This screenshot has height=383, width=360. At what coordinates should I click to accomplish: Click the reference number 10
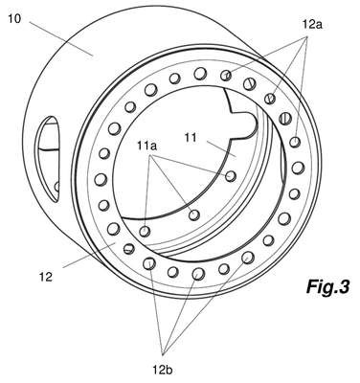pos(14,18)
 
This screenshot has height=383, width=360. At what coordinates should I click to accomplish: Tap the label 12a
pos(312,25)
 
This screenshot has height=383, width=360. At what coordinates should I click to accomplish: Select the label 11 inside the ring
pos(191,138)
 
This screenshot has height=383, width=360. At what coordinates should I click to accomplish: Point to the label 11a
pos(147,146)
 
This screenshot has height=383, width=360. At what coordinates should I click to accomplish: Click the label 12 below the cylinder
pos(46,277)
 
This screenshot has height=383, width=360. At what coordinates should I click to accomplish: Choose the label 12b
pos(163,370)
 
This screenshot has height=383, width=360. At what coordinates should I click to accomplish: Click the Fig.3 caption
pos(327,286)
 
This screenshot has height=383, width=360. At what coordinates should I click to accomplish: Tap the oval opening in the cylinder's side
pos(48,159)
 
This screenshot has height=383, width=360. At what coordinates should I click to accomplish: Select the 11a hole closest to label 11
pos(231,176)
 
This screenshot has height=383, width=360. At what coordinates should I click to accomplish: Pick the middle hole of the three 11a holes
pos(194,214)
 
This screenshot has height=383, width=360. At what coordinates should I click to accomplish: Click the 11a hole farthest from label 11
pos(145,231)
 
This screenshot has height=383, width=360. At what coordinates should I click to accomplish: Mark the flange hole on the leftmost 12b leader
pos(149,263)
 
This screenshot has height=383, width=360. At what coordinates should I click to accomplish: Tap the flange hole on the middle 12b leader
pos(198,274)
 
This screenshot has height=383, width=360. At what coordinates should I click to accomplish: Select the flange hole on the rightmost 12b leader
pos(248,258)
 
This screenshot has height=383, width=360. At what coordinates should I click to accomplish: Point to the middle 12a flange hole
pos(270,99)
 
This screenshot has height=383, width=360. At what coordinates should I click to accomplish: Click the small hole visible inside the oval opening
pos(57,186)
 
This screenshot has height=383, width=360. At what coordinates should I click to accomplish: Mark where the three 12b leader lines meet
pos(163,354)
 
